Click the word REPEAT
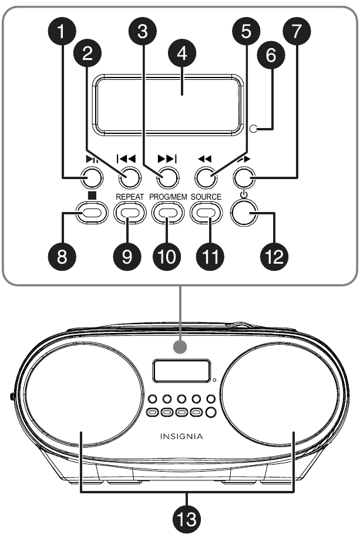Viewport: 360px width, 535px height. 129,196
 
